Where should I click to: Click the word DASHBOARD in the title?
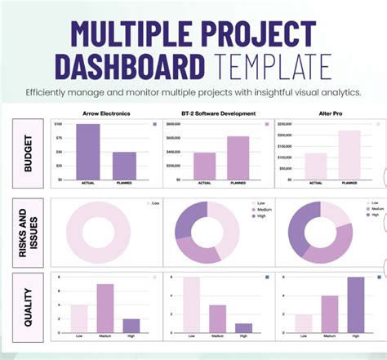[131, 66]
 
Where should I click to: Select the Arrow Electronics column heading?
[107, 113]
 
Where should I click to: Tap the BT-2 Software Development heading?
[219, 113]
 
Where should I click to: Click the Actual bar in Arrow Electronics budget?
[88, 151]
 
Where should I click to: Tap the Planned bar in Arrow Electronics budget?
[124, 165]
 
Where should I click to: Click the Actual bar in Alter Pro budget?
[316, 166]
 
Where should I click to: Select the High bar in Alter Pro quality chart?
[356, 305]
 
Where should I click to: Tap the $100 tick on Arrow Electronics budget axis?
[58, 123]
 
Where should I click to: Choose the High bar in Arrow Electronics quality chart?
[131, 326]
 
